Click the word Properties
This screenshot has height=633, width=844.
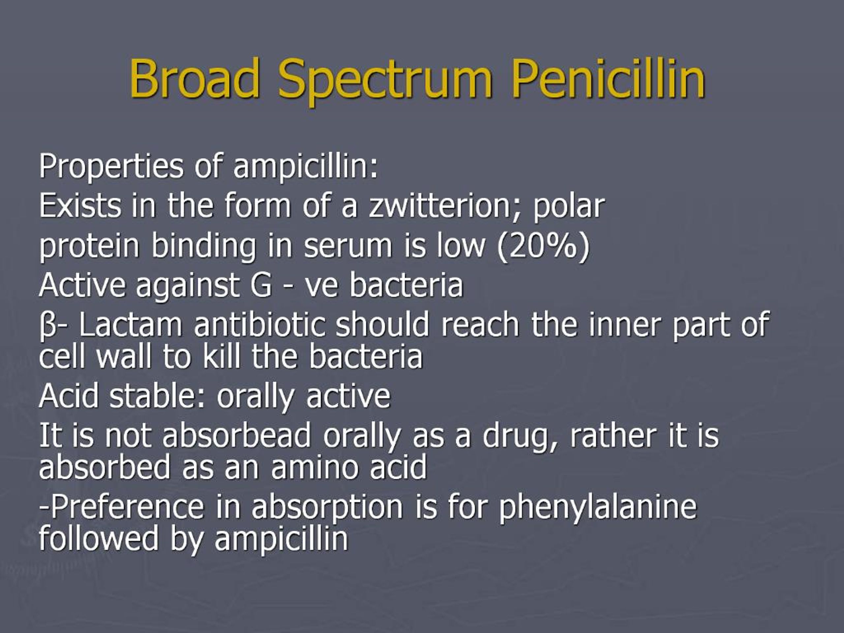coord(111,167)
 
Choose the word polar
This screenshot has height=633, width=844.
coord(568,206)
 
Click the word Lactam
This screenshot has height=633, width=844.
coord(131,324)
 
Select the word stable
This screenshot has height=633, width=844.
coord(153,396)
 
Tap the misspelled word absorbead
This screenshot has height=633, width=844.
coord(237,436)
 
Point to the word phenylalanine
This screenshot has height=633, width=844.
coord(598,507)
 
